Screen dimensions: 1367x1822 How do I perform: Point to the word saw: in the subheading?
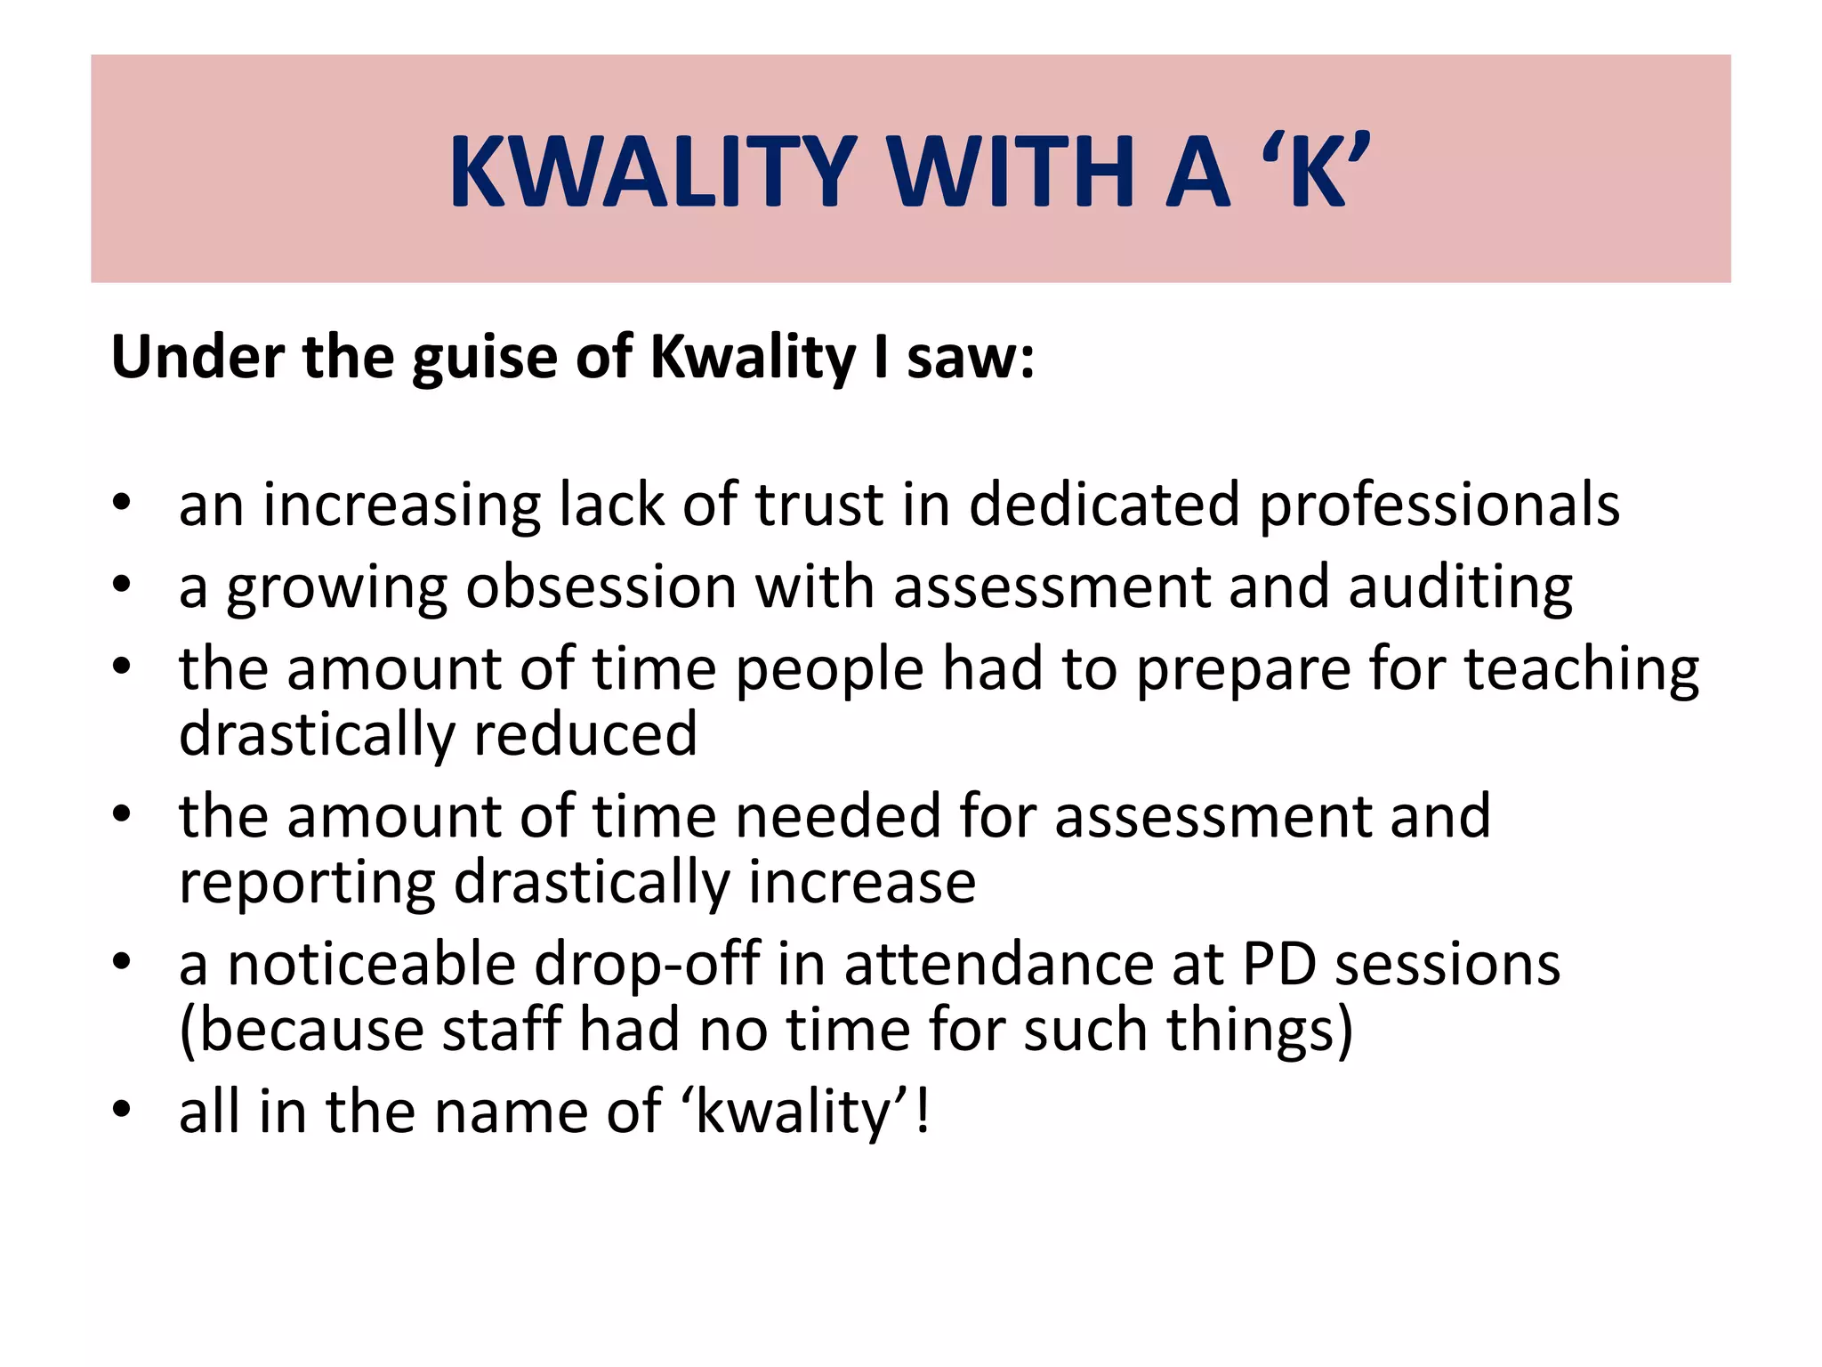click(970, 357)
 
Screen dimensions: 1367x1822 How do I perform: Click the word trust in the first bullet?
click(819, 505)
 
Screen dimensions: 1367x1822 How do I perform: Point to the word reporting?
click(307, 885)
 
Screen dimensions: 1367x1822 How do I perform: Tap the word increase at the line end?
click(861, 883)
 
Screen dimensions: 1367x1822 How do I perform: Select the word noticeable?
click(371, 965)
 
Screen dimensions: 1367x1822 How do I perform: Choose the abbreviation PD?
click(1278, 965)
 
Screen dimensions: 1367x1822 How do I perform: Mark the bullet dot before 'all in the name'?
click(122, 1110)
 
